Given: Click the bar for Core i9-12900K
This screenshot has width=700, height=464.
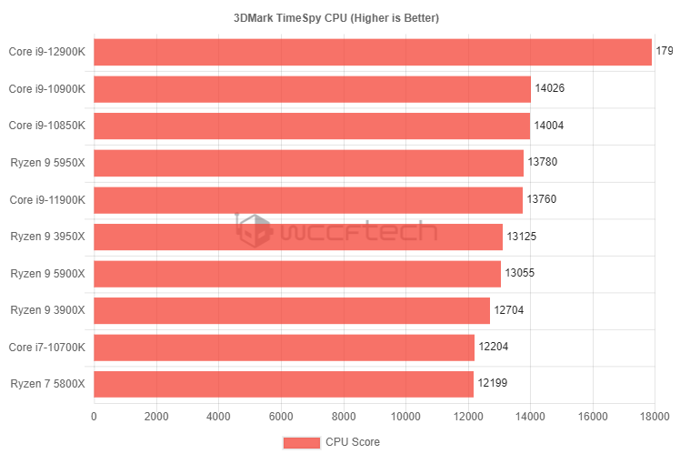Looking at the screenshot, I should (373, 52).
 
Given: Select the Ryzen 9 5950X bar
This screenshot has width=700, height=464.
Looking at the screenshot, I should (308, 163).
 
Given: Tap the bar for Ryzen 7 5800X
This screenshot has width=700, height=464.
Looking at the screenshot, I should (284, 384).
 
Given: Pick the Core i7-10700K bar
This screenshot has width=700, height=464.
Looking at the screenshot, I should (284, 348).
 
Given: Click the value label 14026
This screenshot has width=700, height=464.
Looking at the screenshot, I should (550, 89).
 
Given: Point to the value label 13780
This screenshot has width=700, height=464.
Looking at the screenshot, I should (543, 163).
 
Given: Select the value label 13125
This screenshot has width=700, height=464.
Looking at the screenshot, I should (522, 237).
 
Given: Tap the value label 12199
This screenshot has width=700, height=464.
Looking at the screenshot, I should (493, 384).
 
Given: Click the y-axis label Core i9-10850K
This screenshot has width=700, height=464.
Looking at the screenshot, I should (47, 126).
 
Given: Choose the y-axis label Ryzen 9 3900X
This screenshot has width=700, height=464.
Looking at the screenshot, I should (47, 310).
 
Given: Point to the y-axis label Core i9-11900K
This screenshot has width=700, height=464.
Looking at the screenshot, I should (47, 199).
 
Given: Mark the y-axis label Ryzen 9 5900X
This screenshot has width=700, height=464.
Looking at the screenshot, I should (47, 273).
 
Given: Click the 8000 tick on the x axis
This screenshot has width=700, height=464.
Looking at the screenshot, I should (344, 417).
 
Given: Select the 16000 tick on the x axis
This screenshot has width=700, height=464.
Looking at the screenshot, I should (593, 417).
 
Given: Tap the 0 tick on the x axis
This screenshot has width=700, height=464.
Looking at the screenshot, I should (94, 417).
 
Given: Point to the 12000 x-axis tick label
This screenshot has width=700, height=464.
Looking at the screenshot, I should (468, 417).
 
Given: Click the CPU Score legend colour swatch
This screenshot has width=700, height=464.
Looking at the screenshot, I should (301, 442).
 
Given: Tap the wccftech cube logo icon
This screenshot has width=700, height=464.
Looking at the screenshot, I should (254, 230).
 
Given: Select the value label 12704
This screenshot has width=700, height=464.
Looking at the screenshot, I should (509, 310).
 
